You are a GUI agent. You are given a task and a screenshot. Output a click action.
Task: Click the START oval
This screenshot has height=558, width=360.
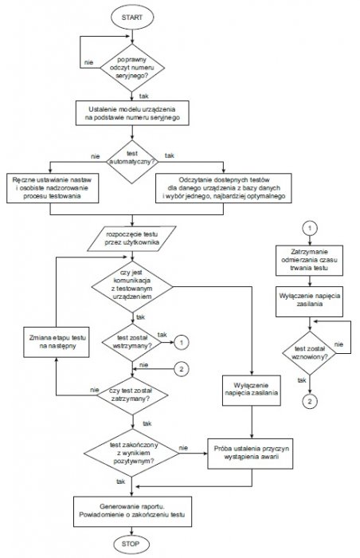tap(132, 18)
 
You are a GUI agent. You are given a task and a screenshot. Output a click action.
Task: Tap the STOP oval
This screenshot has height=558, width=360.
tap(131, 544)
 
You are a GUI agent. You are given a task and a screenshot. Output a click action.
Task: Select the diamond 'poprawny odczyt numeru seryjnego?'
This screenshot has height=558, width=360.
tap(132, 68)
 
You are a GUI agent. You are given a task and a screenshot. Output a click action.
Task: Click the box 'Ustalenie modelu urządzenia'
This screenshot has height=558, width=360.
tap(132, 113)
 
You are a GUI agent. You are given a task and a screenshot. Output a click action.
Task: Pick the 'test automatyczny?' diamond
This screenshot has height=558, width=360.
tap(132, 162)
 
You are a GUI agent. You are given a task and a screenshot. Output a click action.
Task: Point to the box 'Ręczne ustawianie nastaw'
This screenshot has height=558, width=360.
tap(53, 188)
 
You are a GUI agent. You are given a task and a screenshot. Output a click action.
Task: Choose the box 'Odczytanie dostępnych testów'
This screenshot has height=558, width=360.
tap(223, 188)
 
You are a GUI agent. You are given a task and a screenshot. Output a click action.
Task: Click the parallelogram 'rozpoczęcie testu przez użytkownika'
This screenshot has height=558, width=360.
tap(132, 239)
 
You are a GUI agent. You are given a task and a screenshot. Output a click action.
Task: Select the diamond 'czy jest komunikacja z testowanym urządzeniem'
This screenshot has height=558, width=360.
tap(132, 286)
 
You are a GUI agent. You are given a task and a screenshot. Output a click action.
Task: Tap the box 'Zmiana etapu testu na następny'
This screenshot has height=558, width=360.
tap(57, 342)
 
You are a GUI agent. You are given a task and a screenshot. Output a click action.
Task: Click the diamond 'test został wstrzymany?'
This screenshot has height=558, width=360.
tap(132, 342)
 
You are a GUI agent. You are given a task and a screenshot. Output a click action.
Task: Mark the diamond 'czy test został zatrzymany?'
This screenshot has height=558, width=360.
tap(132, 395)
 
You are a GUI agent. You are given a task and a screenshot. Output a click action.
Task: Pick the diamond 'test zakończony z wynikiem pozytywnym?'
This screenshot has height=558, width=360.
tap(131, 453)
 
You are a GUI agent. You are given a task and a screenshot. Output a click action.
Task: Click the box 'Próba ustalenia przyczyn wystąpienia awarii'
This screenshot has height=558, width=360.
tap(250, 454)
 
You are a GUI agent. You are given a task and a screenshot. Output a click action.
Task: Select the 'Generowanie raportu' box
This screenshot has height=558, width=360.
tap(132, 512)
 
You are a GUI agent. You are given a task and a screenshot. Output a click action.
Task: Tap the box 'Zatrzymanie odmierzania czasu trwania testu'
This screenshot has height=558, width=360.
tap(310, 260)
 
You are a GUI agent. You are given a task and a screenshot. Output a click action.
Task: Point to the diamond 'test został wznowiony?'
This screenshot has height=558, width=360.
tap(310, 353)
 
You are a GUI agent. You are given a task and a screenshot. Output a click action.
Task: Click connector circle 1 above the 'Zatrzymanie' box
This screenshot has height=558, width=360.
tap(310, 228)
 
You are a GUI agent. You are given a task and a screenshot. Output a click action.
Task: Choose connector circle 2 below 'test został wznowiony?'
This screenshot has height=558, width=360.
tap(310, 402)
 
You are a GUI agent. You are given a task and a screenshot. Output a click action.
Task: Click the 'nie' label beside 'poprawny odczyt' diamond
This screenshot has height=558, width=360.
tap(89, 63)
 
